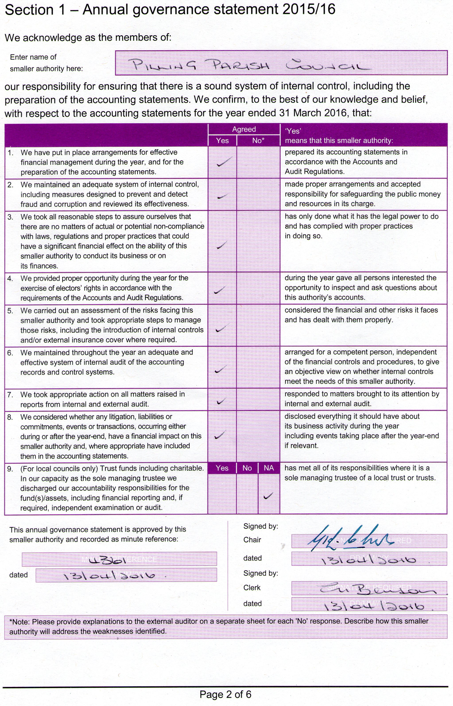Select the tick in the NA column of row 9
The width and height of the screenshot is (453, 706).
[x=268, y=496]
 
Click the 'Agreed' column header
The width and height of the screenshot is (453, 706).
[x=244, y=129]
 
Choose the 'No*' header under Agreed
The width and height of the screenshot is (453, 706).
[x=258, y=141]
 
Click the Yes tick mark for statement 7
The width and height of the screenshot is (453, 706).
[x=221, y=401]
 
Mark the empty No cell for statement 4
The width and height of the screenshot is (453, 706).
[x=258, y=288]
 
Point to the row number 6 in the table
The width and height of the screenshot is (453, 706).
[x=10, y=353]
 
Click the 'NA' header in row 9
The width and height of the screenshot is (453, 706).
[x=269, y=468]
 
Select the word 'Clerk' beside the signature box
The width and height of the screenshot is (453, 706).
[x=252, y=588]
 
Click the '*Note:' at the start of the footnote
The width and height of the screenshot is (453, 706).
[x=19, y=622]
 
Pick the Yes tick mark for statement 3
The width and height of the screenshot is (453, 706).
[x=221, y=245]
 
